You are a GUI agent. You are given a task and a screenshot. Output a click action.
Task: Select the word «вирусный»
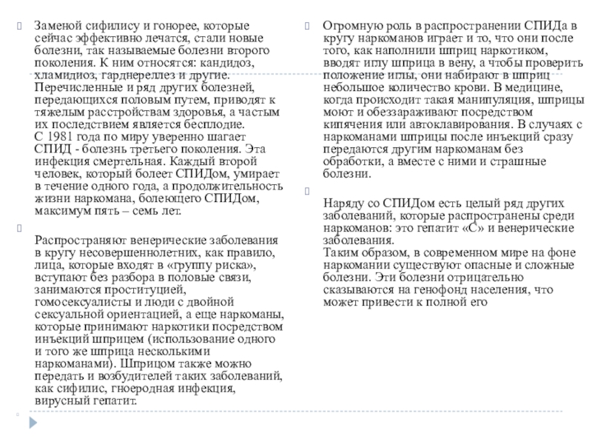point(61,401)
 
